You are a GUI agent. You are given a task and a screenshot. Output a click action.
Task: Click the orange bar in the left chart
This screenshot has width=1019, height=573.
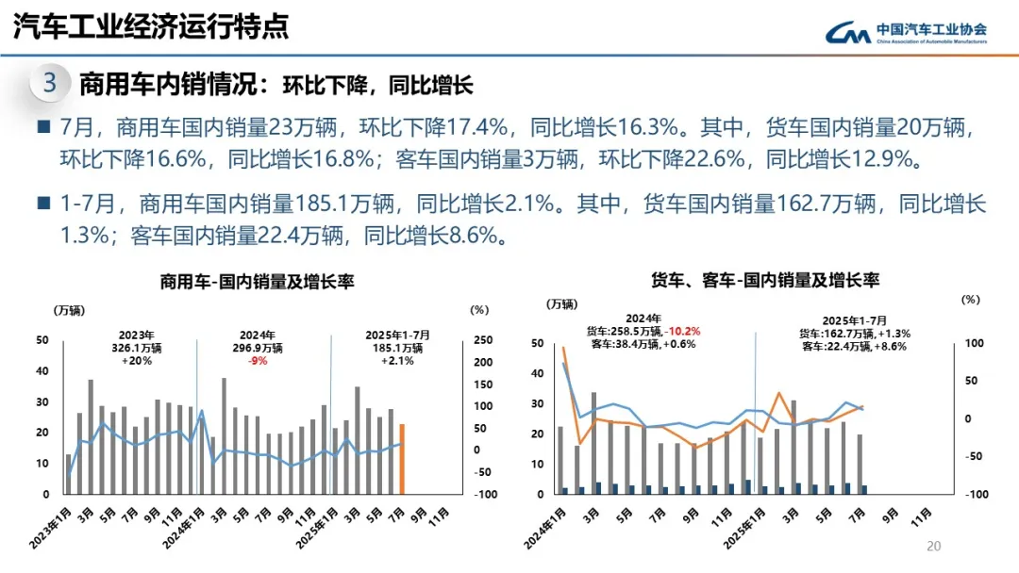click(402, 459)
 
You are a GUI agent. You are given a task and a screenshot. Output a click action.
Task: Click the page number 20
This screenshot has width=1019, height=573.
click(934, 547)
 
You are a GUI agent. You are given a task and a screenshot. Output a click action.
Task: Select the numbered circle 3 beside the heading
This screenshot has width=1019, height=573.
click(49, 84)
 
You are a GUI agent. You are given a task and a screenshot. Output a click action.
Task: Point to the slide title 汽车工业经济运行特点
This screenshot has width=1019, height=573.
click(151, 27)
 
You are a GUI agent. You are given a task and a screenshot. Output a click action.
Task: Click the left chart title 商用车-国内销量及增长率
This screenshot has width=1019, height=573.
click(257, 282)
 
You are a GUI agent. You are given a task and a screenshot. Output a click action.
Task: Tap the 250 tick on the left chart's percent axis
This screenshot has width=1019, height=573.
click(480, 340)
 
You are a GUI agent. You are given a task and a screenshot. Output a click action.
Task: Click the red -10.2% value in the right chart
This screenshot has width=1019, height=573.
click(682, 332)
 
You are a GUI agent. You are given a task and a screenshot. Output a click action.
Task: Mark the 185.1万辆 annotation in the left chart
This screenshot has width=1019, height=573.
click(398, 348)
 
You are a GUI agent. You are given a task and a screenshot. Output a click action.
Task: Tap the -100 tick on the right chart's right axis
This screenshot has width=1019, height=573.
click(972, 494)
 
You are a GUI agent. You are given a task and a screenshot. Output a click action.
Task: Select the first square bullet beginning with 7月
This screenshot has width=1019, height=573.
click(42, 126)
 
